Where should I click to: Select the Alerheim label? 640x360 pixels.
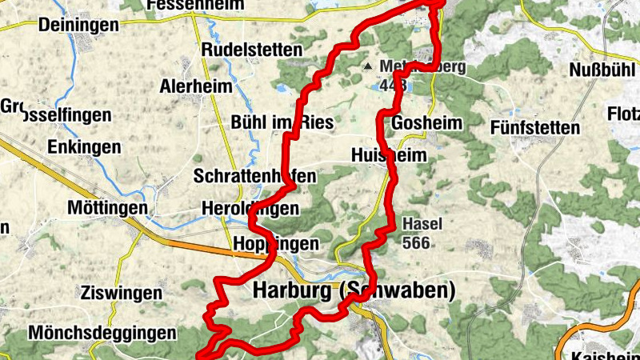tap(196, 86)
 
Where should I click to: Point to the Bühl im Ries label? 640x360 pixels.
tap(270, 122)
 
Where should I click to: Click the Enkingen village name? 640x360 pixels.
tap(84, 147)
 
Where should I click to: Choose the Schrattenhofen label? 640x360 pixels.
tap(254, 175)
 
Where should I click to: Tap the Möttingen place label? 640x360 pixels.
tap(108, 208)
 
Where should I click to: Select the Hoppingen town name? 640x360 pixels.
tap(276, 243)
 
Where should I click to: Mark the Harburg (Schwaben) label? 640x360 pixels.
tap(354, 291)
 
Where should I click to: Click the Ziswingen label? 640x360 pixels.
tap(121, 292)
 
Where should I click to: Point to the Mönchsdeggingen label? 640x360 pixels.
tap(102, 331)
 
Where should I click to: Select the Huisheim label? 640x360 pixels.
tap(389, 155)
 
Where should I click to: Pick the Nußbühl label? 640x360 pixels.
tap(602, 70)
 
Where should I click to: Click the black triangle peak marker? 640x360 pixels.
tap(369, 66)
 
